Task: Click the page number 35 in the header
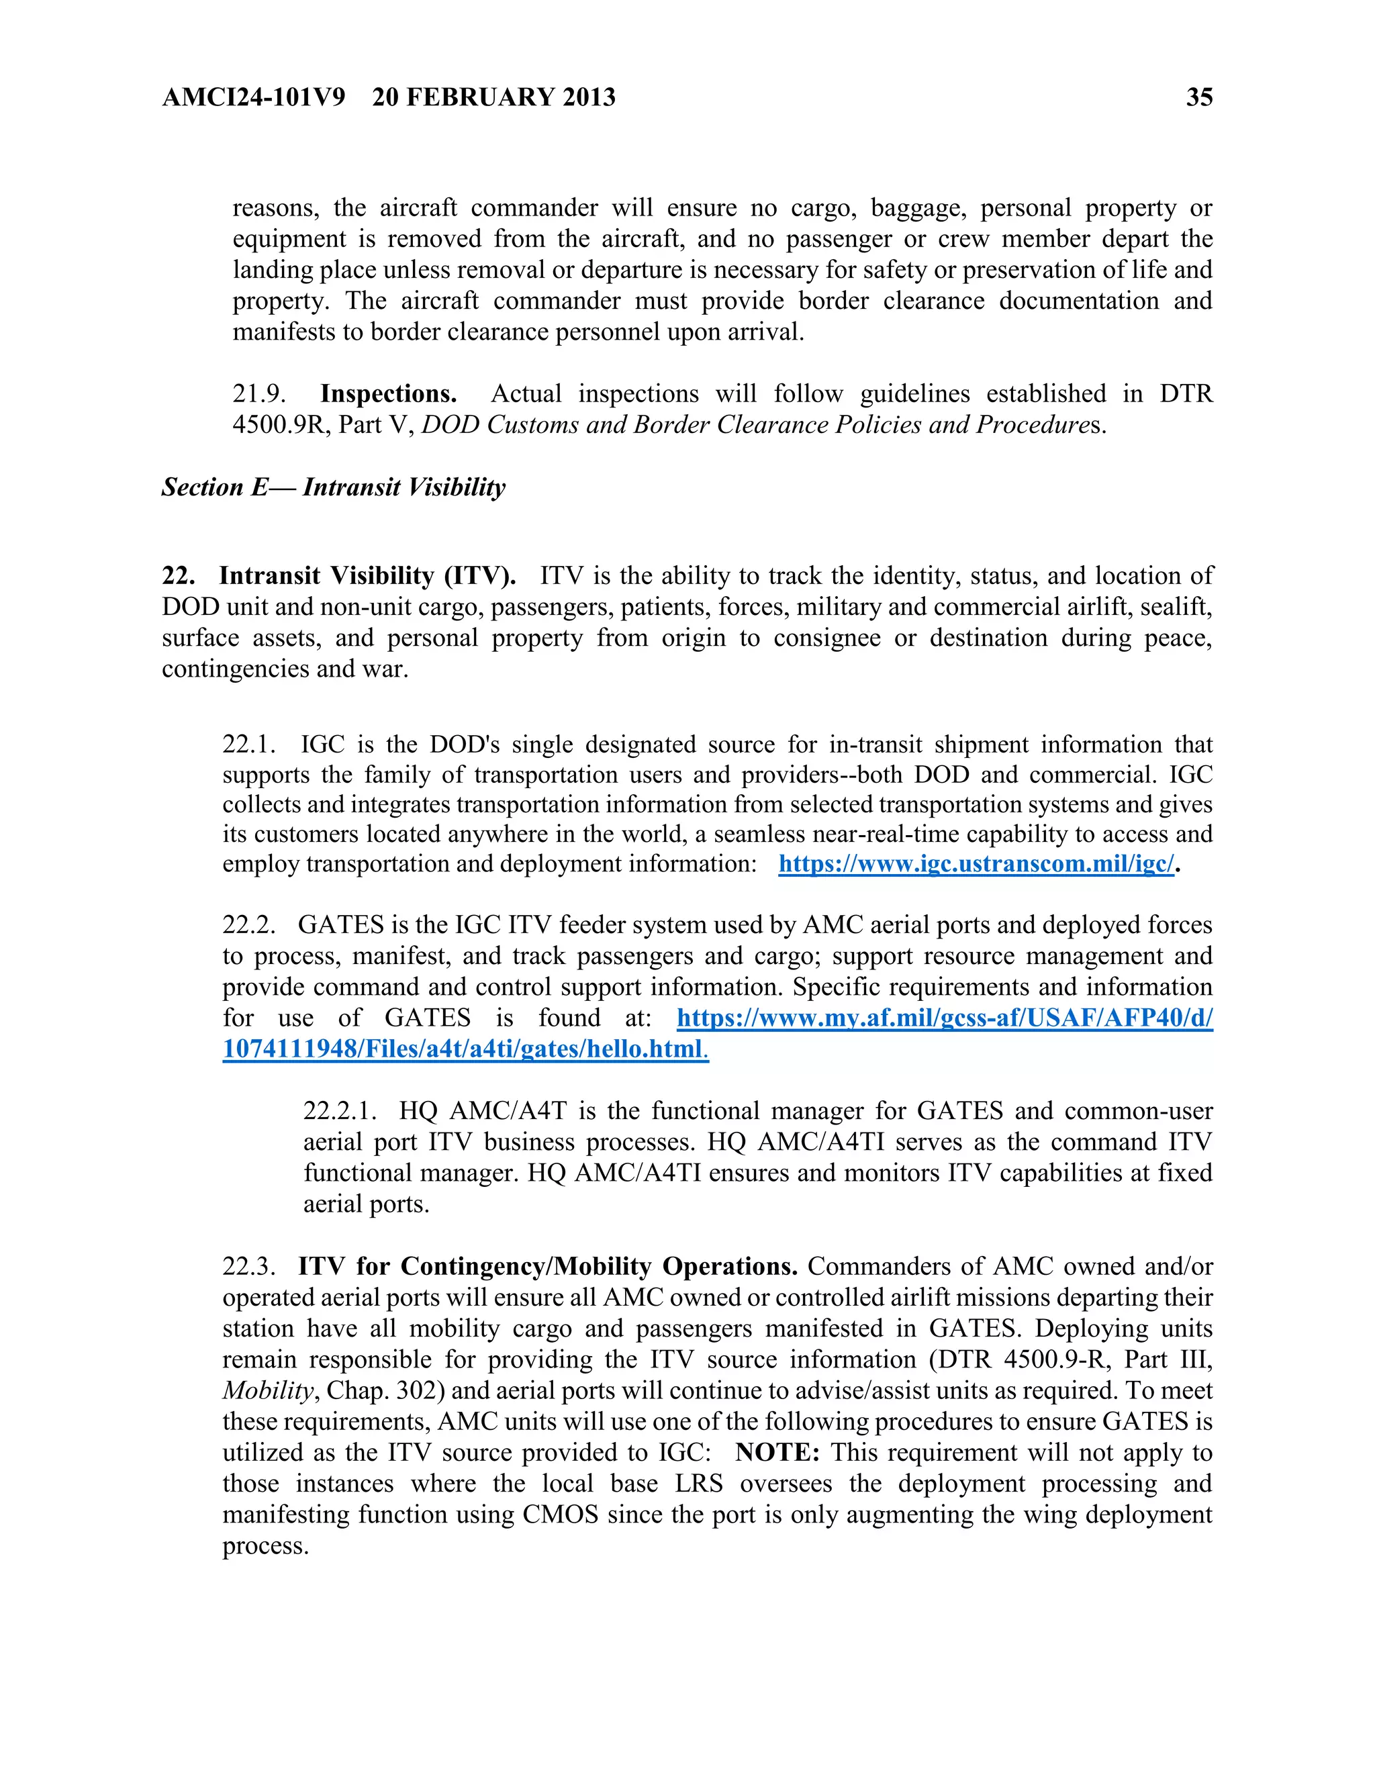pos(1199,97)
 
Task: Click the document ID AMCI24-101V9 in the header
pos(253,97)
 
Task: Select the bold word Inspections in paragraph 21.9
pos(388,394)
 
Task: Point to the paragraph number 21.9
pos(259,394)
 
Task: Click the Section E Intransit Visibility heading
pos(333,487)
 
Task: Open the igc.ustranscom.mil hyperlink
pos(976,864)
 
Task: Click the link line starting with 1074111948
pos(465,1049)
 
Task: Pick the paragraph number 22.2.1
pos(340,1111)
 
